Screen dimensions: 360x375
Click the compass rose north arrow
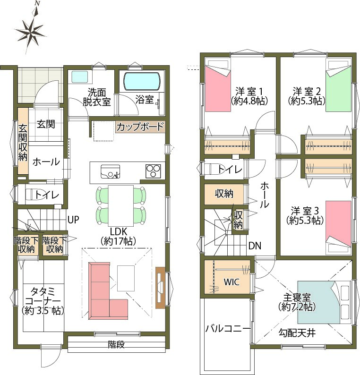click(x=30, y=28)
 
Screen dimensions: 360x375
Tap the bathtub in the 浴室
click(x=142, y=81)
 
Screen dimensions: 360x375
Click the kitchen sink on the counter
click(x=110, y=171)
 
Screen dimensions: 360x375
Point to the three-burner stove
click(x=154, y=171)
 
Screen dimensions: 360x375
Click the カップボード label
click(x=140, y=127)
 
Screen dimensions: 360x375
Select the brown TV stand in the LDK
click(x=160, y=288)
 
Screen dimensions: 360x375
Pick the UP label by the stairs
click(x=73, y=220)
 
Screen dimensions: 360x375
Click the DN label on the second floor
click(x=255, y=246)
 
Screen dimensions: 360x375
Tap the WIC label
click(x=231, y=282)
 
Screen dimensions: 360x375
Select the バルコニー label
click(x=228, y=329)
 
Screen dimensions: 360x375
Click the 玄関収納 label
click(x=23, y=142)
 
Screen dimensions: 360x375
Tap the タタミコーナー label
click(x=43, y=301)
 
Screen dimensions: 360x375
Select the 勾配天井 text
click(x=297, y=332)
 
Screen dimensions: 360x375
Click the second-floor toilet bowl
click(x=211, y=169)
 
